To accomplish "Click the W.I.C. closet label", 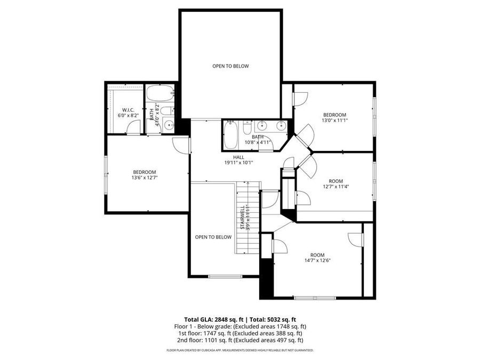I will [x=128, y=109].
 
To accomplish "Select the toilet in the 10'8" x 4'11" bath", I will [x=247, y=128].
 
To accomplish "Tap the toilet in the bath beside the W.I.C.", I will [x=166, y=111].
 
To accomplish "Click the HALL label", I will [x=238, y=157].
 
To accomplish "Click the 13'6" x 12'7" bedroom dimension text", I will [x=144, y=178].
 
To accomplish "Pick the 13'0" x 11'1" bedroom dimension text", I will [x=334, y=121].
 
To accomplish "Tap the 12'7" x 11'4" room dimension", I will [x=335, y=186].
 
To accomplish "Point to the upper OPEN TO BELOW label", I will [x=230, y=66].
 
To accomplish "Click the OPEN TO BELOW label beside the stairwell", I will [x=213, y=237].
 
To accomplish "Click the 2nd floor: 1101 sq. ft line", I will [x=240, y=340].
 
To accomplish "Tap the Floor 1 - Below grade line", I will [x=240, y=326].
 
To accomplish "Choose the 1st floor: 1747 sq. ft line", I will [x=240, y=333].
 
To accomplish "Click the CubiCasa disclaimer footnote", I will [x=240, y=350].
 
